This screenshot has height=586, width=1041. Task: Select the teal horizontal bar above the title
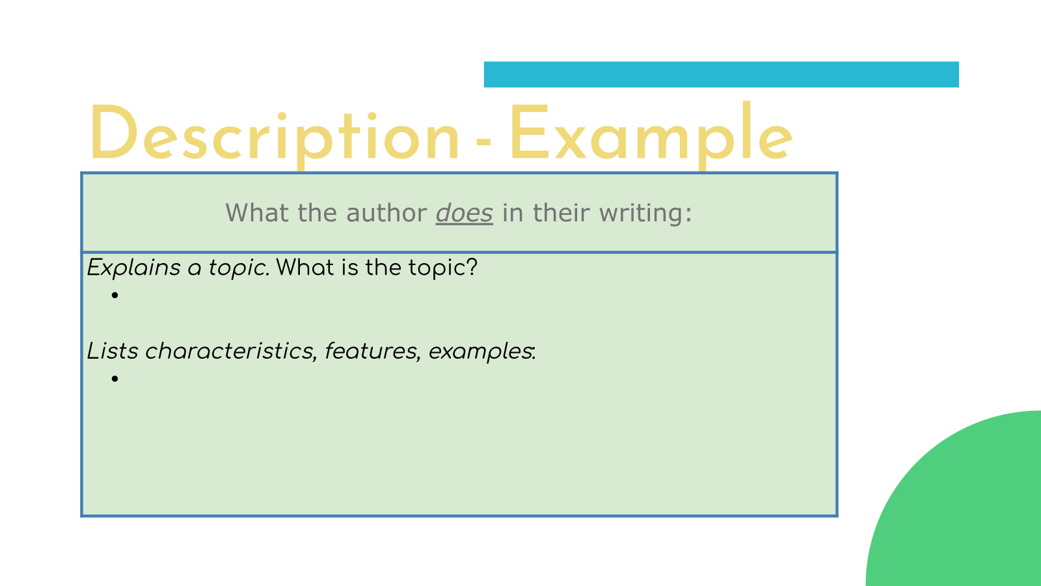click(x=722, y=74)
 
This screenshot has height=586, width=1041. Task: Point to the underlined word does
click(x=465, y=214)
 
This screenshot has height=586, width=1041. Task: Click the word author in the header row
click(x=386, y=214)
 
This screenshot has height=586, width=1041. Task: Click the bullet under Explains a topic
click(x=115, y=295)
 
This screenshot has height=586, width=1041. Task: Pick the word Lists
click(x=113, y=351)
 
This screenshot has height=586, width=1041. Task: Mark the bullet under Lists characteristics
click(x=115, y=378)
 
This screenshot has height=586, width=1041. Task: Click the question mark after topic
click(x=472, y=268)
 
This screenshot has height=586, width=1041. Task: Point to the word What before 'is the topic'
click(x=305, y=268)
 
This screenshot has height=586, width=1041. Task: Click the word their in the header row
click(x=561, y=214)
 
